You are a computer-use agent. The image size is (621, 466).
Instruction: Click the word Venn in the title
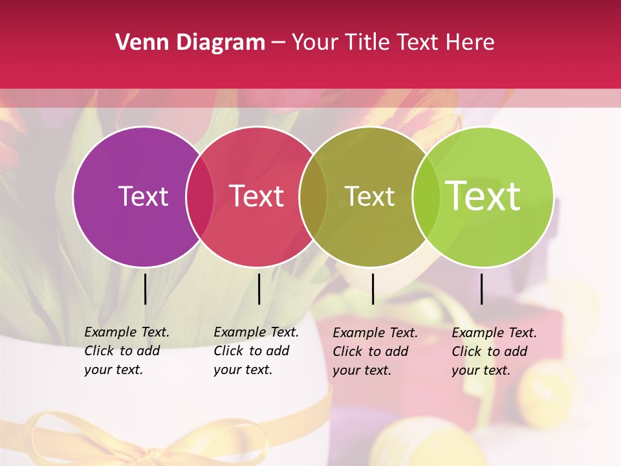coord(138,43)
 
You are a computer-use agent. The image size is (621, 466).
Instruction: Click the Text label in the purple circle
coord(143,196)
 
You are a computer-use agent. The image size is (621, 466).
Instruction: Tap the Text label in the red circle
coord(257,196)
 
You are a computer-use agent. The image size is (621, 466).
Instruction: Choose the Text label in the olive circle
coord(369,196)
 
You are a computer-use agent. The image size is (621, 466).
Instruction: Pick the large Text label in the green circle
coord(483,196)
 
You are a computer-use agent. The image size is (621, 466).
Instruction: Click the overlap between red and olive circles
coord(313,196)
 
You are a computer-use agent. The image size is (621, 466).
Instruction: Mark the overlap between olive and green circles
coord(426,196)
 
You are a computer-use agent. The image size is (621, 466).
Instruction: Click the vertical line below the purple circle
coord(145,289)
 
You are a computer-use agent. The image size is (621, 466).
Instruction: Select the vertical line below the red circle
coord(259,289)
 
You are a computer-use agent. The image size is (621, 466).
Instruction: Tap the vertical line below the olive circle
coord(373,289)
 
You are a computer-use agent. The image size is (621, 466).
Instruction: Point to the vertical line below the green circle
coord(481,289)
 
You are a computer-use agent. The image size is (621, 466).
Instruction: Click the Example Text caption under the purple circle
coord(126,351)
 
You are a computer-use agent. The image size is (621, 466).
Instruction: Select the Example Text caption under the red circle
coord(256,351)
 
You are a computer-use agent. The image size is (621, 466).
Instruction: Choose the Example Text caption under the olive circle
coord(375,351)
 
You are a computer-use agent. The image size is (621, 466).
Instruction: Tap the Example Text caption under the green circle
coord(494,351)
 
